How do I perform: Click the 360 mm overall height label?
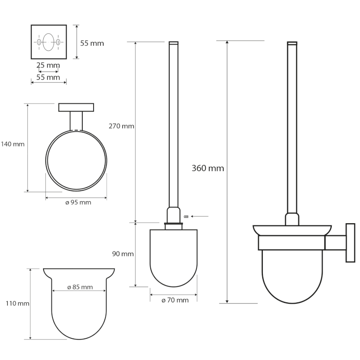point(207,168)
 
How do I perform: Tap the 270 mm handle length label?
point(121,126)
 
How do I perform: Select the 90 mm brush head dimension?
point(123,254)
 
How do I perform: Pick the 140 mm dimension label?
point(12,144)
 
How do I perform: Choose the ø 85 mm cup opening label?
point(80,287)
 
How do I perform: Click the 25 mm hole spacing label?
point(48,66)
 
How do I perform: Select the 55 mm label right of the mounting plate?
point(92,43)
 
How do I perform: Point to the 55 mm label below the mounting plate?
point(48,77)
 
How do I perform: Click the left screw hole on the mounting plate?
point(39,42)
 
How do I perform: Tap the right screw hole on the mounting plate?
point(58,42)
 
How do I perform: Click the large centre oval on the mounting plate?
point(49,42)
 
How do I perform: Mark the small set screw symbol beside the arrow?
point(185,217)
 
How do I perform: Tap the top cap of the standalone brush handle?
point(173,44)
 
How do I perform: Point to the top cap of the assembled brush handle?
point(292,43)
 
